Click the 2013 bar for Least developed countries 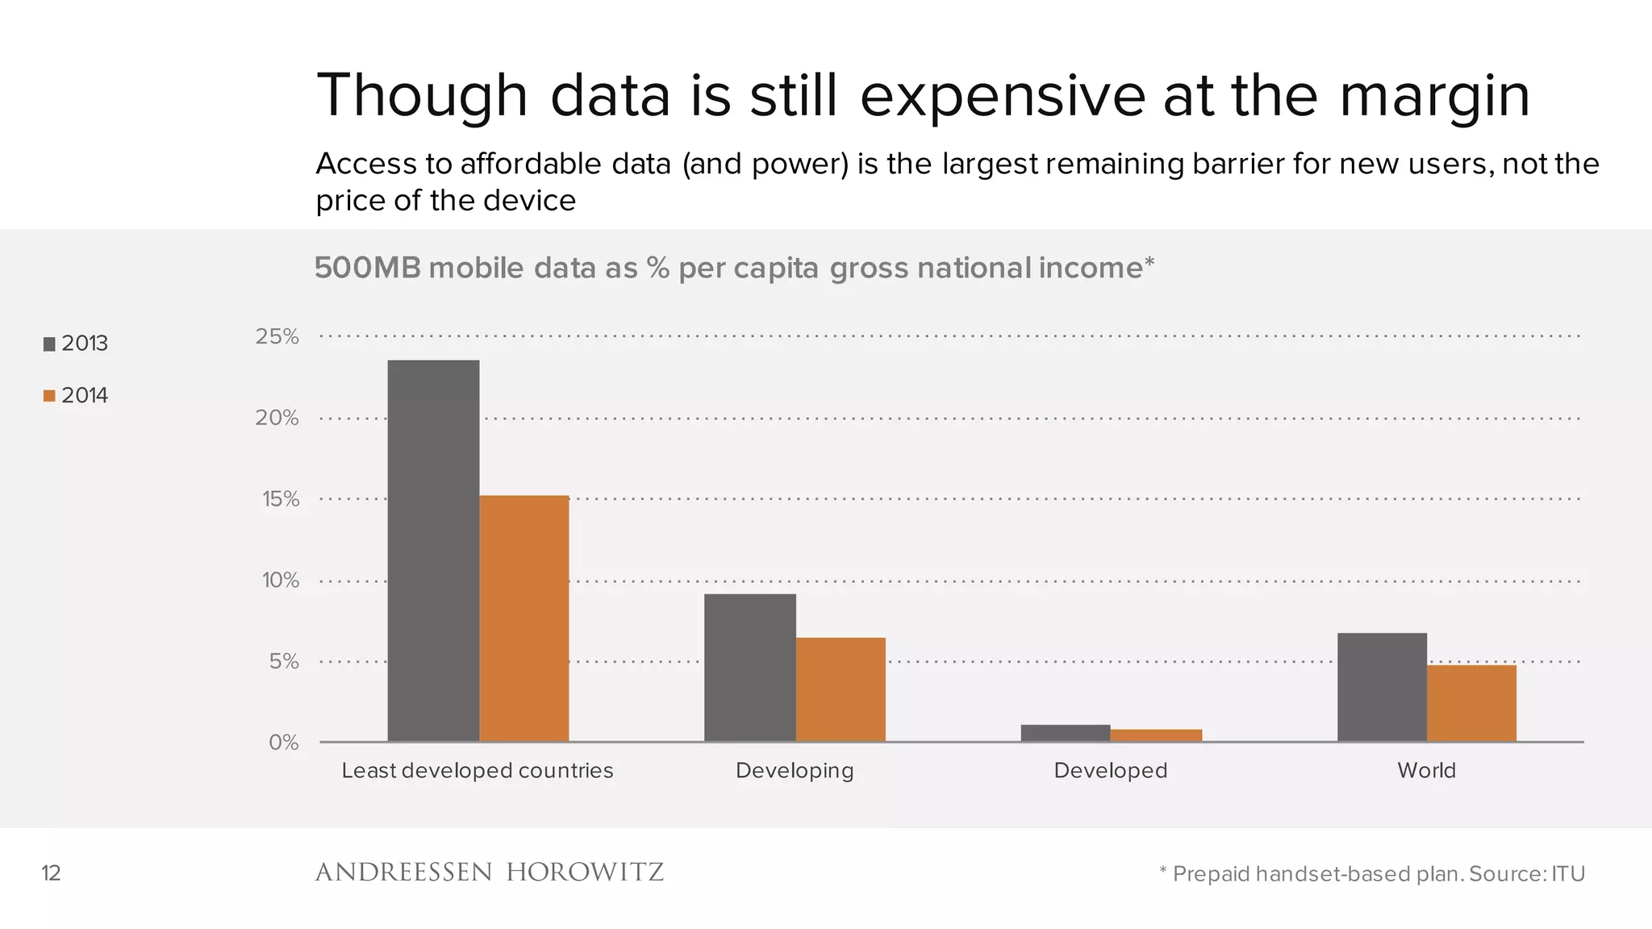[x=433, y=551]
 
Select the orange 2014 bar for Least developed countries [x=524, y=619]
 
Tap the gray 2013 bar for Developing [x=749, y=668]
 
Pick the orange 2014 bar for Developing [x=841, y=689]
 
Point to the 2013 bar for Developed [x=1065, y=733]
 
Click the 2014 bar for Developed [x=1155, y=735]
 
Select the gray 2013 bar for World [x=1382, y=687]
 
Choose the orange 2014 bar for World [x=1471, y=703]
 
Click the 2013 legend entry [x=76, y=344]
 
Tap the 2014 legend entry [x=76, y=396]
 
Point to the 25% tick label [x=277, y=337]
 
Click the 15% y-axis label [x=280, y=499]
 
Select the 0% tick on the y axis [x=283, y=743]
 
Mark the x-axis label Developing [x=795, y=771]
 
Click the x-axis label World [x=1426, y=771]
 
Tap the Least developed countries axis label [x=477, y=771]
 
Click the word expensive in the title [x=1002, y=97]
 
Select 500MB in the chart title [x=367, y=268]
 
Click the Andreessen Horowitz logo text [x=489, y=873]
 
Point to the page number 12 [x=51, y=873]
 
